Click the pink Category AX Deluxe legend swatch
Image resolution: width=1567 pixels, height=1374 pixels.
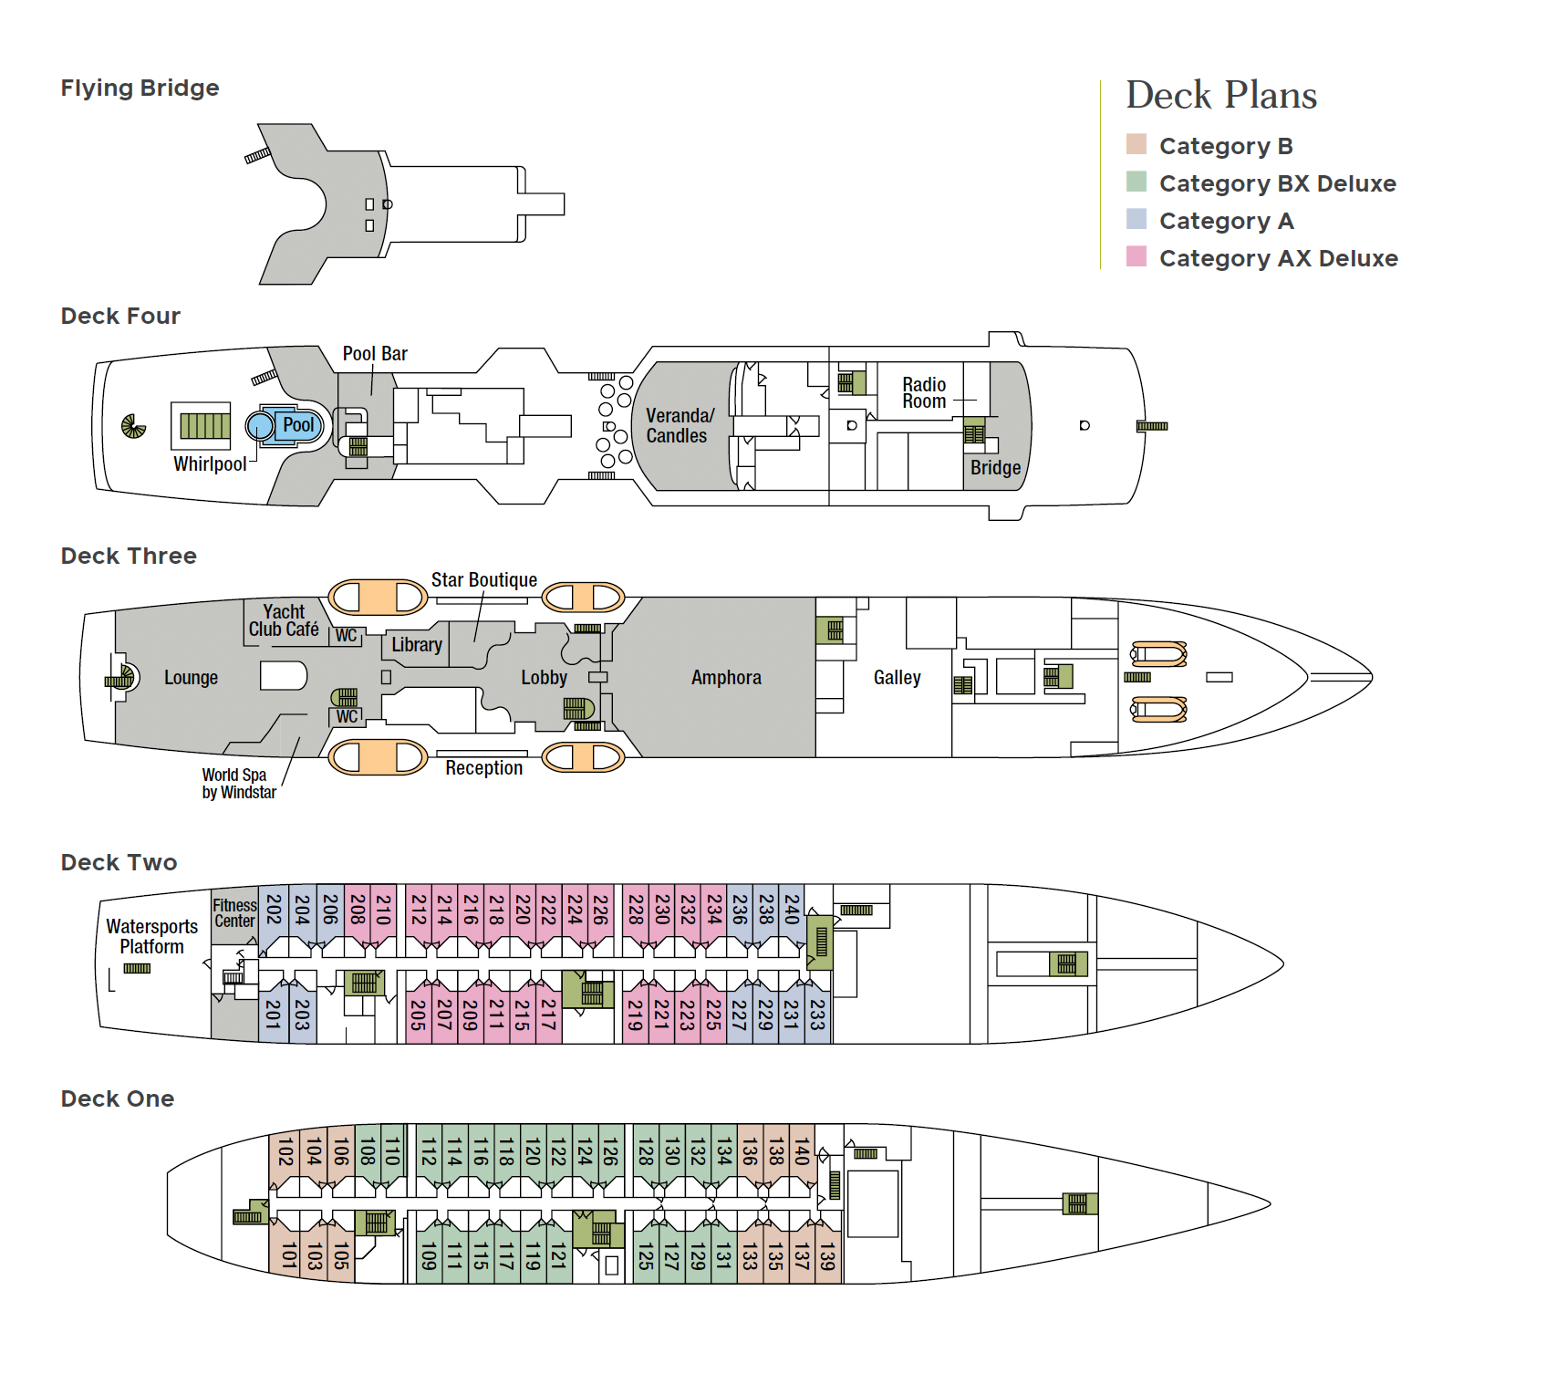coord(1136,256)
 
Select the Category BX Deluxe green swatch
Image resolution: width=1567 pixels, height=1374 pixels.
coord(1136,182)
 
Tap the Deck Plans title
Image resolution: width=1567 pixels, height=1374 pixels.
coord(1220,95)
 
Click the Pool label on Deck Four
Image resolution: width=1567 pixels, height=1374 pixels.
coord(298,424)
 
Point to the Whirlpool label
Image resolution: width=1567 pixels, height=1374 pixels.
coord(210,463)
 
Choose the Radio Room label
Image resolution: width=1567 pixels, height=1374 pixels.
coord(924,392)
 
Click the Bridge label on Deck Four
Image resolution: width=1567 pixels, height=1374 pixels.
coord(995,467)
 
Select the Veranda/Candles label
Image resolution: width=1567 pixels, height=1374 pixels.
coord(680,425)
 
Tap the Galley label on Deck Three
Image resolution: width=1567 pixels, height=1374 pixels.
coord(897,677)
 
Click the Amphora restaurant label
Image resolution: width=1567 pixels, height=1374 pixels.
coord(726,677)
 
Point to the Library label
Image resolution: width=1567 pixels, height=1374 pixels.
coord(417,644)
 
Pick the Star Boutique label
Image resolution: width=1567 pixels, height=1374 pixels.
coord(483,579)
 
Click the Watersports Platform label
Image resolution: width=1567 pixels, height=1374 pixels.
coord(151,936)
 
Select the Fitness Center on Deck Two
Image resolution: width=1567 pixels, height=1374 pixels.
coord(234,912)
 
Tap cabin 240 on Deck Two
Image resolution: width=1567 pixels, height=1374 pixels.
coord(792,910)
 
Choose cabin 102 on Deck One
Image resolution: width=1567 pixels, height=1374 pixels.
coord(285,1151)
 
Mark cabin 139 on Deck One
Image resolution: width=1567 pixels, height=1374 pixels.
coord(827,1256)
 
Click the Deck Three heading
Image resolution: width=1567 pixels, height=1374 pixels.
coord(129,556)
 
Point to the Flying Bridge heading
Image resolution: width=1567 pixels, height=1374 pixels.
coord(140,88)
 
